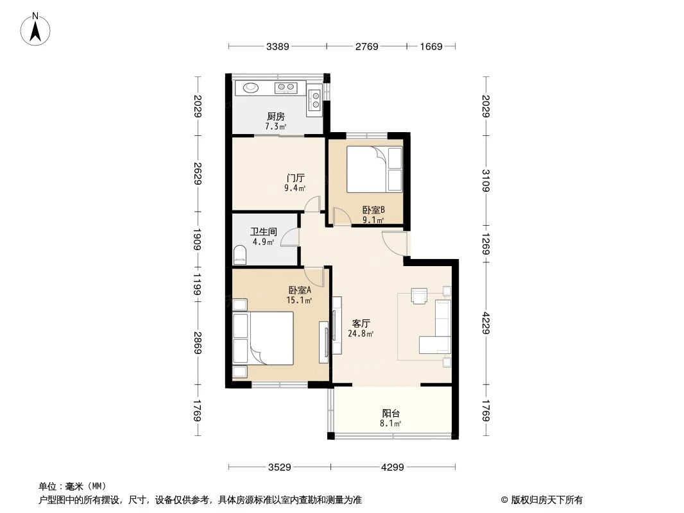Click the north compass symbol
tap(37, 28)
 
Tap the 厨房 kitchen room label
tap(275, 117)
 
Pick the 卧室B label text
tap(373, 210)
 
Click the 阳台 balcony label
tap(391, 414)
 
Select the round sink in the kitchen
tap(250, 87)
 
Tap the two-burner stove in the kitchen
tap(286, 87)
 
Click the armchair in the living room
tap(419, 295)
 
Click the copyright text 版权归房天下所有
tap(546, 500)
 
